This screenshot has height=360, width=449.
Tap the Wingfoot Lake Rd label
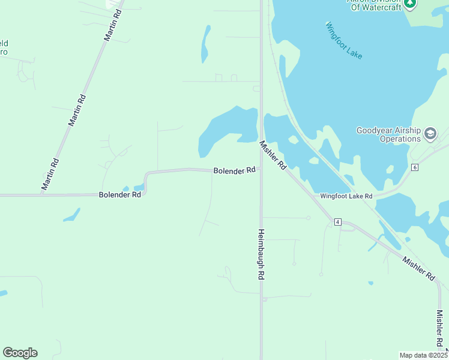click(x=346, y=196)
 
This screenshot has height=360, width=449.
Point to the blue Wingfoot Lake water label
click(x=344, y=40)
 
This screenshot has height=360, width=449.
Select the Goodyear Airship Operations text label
click(x=388, y=134)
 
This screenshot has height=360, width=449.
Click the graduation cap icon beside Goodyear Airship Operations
click(x=430, y=133)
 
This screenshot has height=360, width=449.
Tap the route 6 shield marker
click(x=415, y=167)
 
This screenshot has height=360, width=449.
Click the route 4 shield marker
click(x=338, y=222)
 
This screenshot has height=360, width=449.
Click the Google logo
click(x=20, y=353)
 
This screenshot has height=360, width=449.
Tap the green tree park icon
click(x=410, y=3)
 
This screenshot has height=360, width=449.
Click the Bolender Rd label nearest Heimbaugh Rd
click(x=235, y=171)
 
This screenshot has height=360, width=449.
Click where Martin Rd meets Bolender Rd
click(x=42, y=195)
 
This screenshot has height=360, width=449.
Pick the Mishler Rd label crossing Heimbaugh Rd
click(x=273, y=155)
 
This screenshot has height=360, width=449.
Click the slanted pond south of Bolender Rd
click(x=71, y=215)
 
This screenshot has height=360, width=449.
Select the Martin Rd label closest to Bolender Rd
click(x=51, y=174)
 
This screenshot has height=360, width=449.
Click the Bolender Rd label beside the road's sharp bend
click(x=120, y=194)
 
